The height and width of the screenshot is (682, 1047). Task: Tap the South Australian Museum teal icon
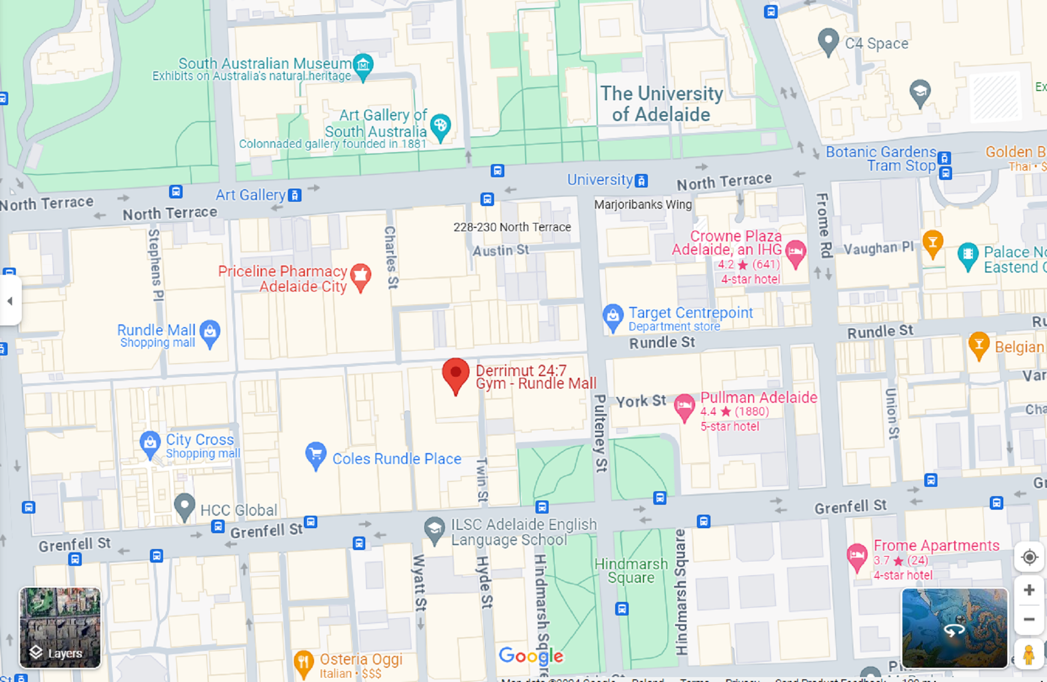tap(363, 65)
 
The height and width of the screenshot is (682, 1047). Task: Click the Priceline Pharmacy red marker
tap(360, 276)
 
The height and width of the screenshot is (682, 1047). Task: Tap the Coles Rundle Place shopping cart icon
tap(316, 454)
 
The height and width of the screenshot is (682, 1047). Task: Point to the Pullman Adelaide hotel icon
tap(684, 406)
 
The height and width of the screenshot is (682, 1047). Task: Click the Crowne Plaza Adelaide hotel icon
tap(796, 252)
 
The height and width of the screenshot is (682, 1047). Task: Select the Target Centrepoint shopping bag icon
tap(613, 316)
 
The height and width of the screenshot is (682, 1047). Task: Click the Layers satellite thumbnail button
tap(60, 627)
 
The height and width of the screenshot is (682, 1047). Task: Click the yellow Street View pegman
tap(1028, 654)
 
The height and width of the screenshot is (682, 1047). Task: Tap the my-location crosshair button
tap(1029, 557)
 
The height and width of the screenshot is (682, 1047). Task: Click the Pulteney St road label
tap(600, 433)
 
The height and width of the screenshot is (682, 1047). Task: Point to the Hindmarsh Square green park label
tap(631, 570)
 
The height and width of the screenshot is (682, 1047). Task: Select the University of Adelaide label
tap(661, 104)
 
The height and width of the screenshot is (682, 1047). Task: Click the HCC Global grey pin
tap(184, 505)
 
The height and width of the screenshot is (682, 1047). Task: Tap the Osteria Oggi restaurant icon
tap(303, 662)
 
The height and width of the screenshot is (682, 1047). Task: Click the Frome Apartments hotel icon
tap(857, 557)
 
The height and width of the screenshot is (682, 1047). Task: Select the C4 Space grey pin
tap(828, 41)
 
